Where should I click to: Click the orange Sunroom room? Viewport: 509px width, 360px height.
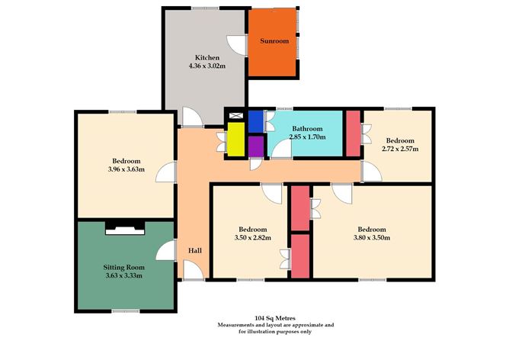275,42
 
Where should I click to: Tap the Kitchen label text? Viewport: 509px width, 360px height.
207,58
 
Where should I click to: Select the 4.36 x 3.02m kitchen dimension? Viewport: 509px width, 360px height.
207,67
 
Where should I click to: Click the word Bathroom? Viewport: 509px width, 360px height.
308,129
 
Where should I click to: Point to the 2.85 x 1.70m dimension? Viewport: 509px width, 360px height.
308,137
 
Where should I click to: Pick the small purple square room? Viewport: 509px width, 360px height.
255,146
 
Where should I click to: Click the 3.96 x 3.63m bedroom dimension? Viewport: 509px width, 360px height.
126,170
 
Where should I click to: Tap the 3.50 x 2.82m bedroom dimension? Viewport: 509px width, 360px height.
252,238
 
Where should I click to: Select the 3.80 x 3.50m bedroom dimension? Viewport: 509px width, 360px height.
372,238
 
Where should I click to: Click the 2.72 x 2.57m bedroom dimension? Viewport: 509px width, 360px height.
399,149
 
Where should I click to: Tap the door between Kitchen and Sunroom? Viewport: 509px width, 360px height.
242,44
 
